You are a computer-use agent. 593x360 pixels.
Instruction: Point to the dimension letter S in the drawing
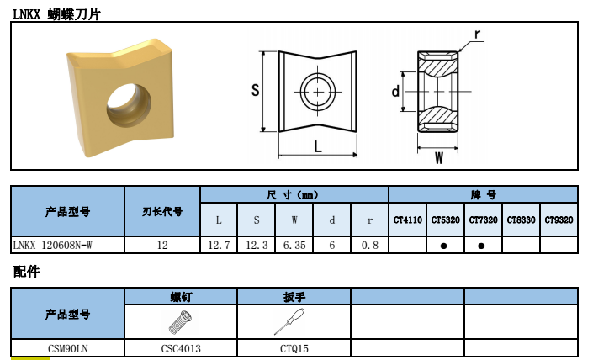coord(255,91)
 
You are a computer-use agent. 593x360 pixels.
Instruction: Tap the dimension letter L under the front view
coord(318,146)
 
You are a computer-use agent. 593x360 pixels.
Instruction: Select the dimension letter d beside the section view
coord(395,91)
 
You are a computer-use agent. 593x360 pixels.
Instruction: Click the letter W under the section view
coord(438,157)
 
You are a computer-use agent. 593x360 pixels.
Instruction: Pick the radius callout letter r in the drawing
coord(478,34)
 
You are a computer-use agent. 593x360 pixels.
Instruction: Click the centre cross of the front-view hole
coord(318,92)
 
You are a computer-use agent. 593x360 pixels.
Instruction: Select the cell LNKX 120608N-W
coord(53,245)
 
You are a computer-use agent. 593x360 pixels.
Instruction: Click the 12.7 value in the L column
coord(219,245)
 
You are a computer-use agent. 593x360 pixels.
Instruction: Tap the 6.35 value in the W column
coord(294,245)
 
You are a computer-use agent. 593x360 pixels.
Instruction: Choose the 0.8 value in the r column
coord(369,245)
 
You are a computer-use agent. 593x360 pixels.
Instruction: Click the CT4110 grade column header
coord(408,220)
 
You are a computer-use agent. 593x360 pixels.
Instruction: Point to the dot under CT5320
coord(445,246)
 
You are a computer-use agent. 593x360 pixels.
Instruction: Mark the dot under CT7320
coord(482,246)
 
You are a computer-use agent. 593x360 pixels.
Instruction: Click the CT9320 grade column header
coord(559,220)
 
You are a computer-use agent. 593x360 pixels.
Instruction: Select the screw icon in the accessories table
coord(180,322)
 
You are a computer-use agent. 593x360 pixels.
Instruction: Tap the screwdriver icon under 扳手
coord(294,321)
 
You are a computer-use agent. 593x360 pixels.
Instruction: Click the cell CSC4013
coord(181,347)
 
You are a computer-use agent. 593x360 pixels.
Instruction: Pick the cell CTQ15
coord(294,347)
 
